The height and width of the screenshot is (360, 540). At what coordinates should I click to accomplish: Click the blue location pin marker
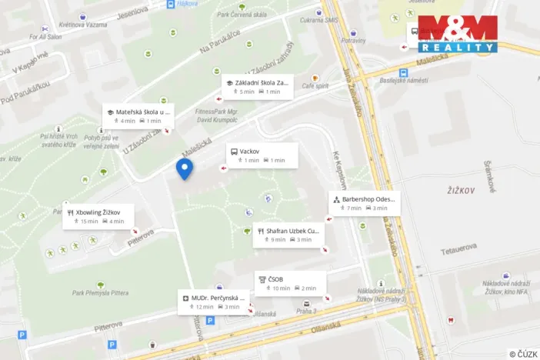coord(185,168)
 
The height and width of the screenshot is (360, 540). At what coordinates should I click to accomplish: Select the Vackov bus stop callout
coord(258,155)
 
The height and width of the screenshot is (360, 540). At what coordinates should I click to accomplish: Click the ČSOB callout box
coord(289,283)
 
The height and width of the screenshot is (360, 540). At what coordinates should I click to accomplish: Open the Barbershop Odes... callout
coord(364,203)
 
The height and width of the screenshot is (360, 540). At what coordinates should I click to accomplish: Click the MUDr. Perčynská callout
coord(214,302)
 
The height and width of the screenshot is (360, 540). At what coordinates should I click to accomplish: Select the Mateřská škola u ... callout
coord(138,115)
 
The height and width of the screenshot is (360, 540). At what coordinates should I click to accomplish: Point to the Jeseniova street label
coord(133,12)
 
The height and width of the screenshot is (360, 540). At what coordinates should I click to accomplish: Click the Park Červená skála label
coord(243,14)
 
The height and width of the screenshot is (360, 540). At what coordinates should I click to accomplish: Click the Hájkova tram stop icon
coord(171,4)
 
